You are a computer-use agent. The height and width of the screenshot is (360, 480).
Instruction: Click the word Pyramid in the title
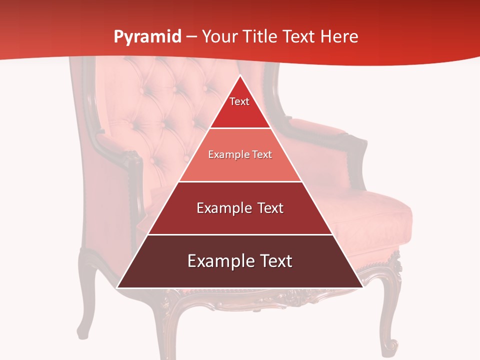click(147, 37)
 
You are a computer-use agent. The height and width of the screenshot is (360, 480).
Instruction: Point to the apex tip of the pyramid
click(240, 76)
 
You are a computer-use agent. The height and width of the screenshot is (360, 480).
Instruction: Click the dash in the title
click(191, 37)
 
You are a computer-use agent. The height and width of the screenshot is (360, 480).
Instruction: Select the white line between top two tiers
click(240, 128)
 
